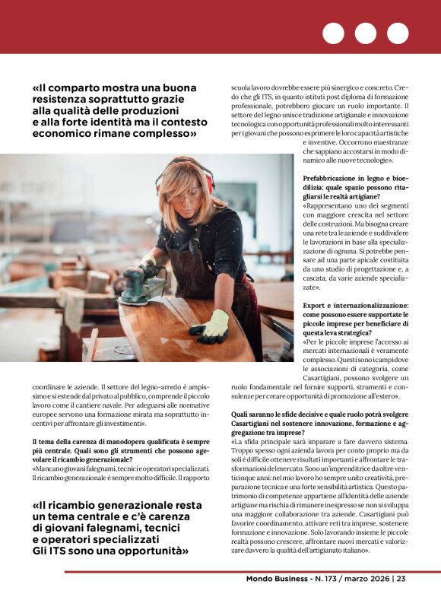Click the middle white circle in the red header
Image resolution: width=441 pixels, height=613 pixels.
pos(365,33)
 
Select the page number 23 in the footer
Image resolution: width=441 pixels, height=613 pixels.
pos(401,579)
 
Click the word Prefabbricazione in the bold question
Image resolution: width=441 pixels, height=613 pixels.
pos(334,178)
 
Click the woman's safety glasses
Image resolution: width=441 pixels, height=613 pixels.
pos(187,197)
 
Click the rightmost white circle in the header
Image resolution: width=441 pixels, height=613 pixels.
pos(397,33)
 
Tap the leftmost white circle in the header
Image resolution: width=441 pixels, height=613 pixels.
pos(333,33)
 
